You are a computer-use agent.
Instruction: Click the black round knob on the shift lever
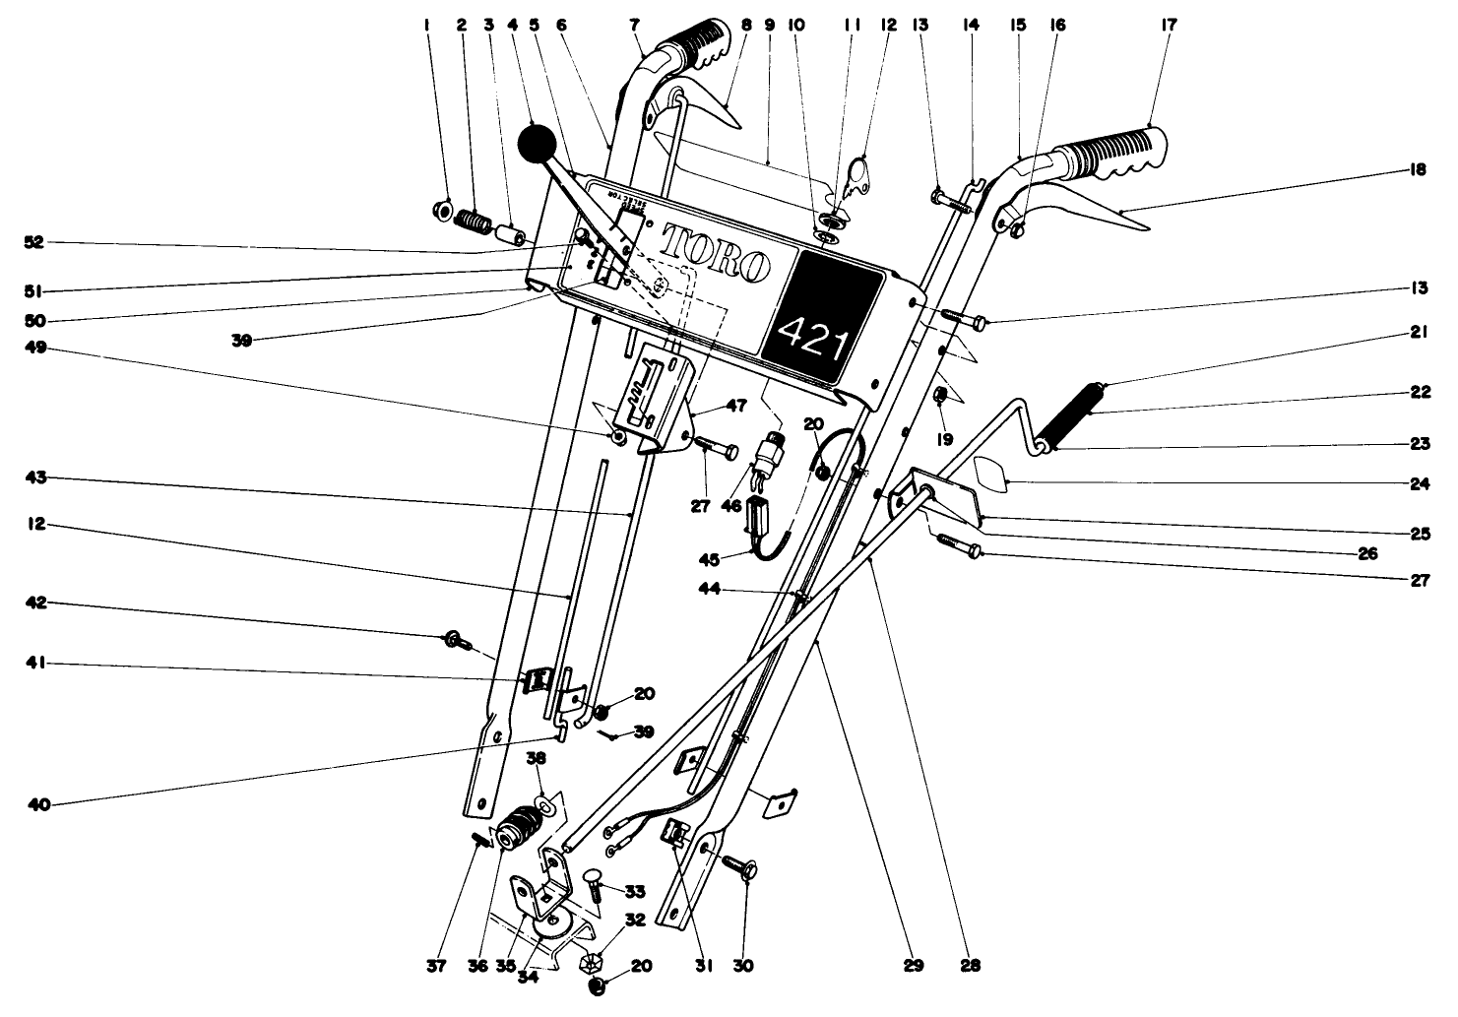coord(537,145)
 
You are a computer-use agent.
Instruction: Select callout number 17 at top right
coord(1169,25)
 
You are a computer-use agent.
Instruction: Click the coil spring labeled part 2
coord(476,224)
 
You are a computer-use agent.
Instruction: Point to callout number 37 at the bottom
coord(437,967)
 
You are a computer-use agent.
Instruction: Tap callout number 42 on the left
coord(35,603)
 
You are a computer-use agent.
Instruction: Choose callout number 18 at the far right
coord(1419,170)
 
